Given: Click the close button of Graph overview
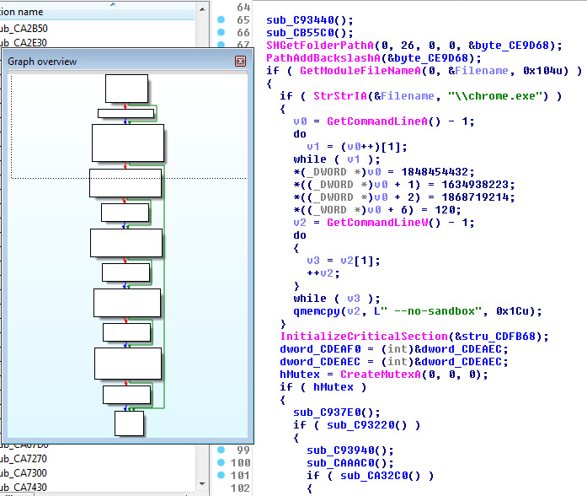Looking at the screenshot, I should [x=240, y=62].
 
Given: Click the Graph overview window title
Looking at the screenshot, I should [x=42, y=62].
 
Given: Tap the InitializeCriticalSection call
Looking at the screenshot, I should [x=354, y=337].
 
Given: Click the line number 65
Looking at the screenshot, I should [x=243, y=19].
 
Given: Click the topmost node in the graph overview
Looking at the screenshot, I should [x=127, y=89].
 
